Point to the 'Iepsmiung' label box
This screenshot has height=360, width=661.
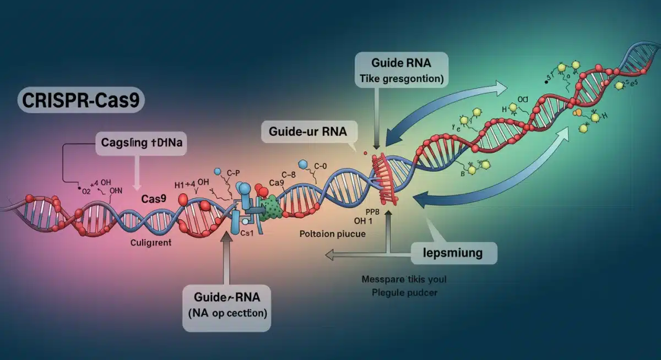[453, 253]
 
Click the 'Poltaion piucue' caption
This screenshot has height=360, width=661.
[332, 233]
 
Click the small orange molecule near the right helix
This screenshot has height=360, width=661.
[577, 113]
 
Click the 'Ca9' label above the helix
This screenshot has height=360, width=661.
[276, 182]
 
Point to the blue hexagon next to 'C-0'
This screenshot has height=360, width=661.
[302, 164]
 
